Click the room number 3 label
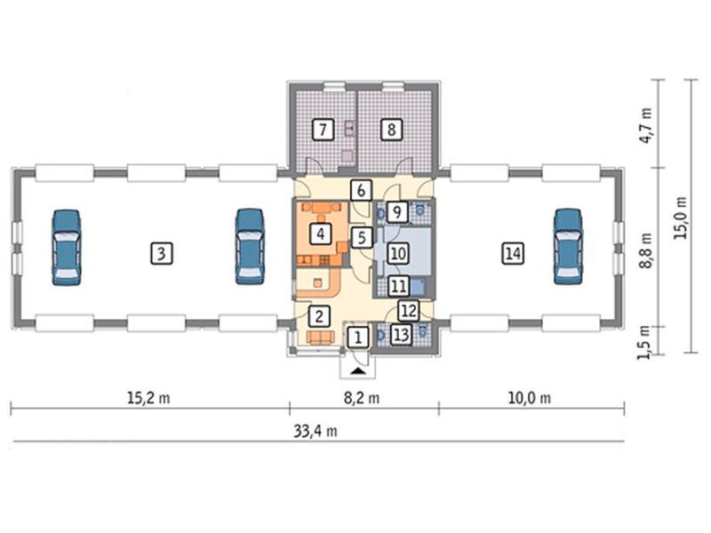coord(162,253)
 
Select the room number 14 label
coord(513,253)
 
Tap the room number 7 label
coord(323,130)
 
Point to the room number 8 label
coord(391,130)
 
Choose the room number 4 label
coord(321,234)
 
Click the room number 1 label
coord(358,338)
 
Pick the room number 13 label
coord(401,336)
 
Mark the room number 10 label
coord(397,253)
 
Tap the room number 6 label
coord(361,190)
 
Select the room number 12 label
coord(409,311)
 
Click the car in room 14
coord(568,247)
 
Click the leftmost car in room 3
coord(67,248)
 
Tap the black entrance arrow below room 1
coord(358,371)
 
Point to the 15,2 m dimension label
coord(148,398)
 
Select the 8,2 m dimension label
coord(362,398)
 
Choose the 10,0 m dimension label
coord(529,398)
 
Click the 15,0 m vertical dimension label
coord(680,218)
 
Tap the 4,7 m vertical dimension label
coord(646,125)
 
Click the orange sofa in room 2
coord(321,338)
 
